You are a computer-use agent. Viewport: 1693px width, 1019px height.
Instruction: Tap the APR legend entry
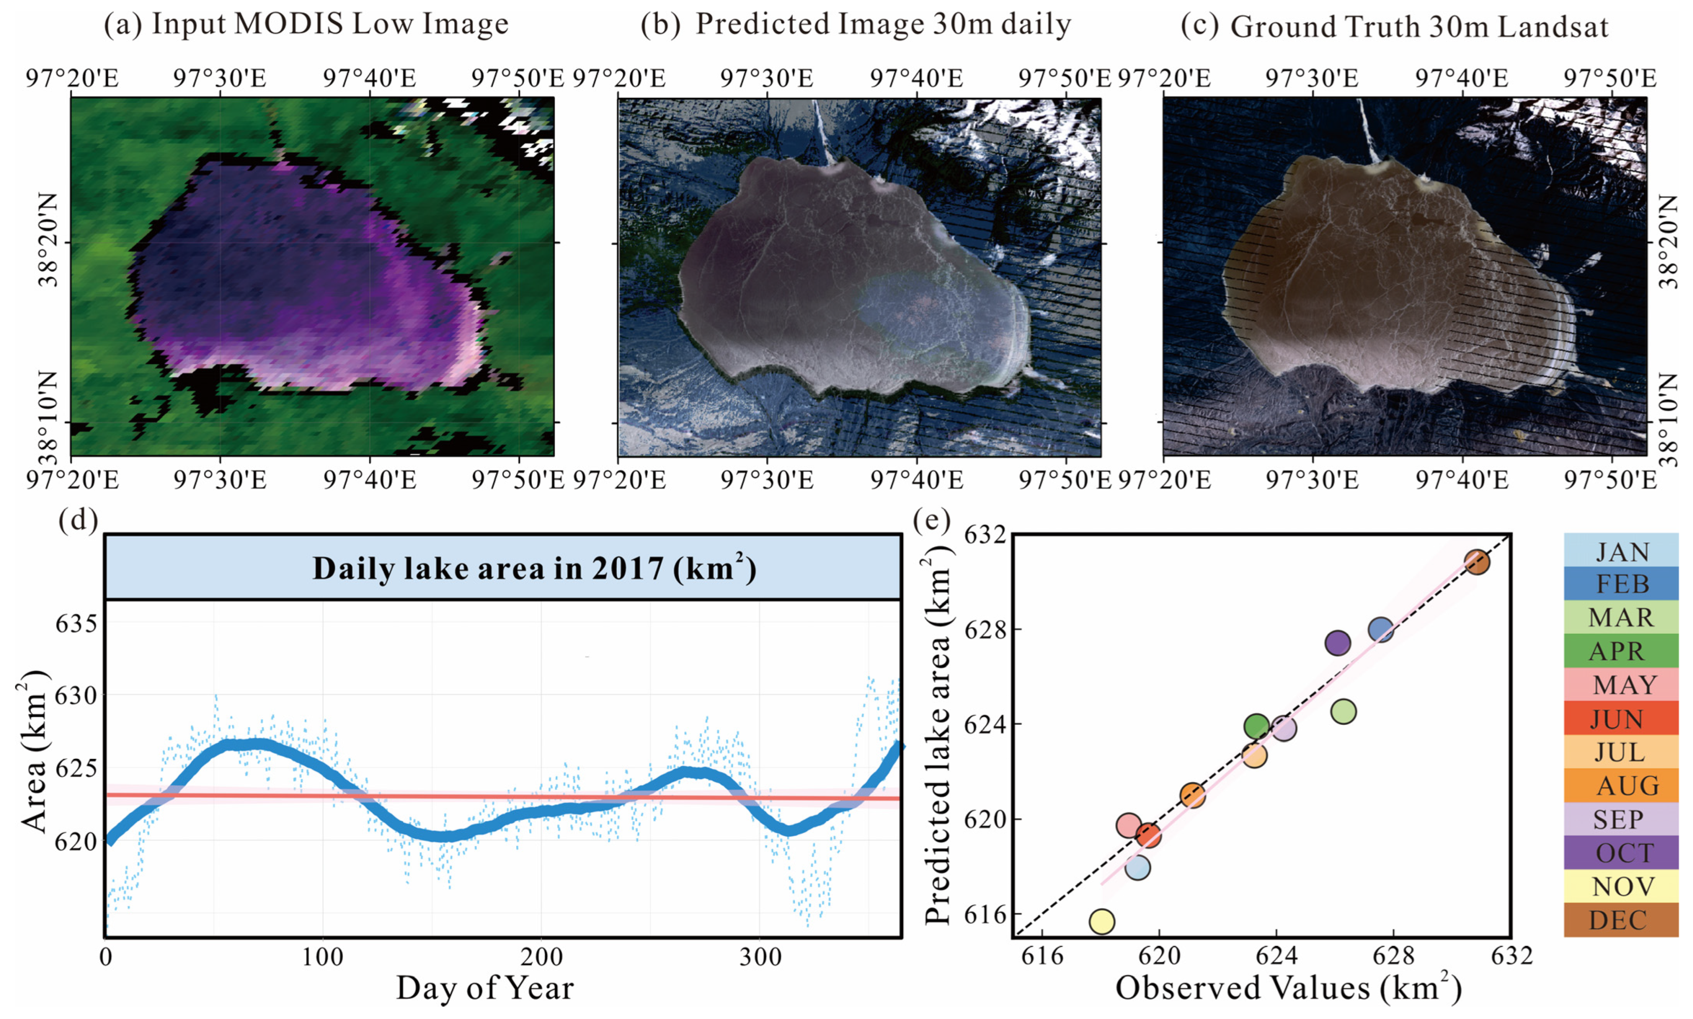tap(1620, 650)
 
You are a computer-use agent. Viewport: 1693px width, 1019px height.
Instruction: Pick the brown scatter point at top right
tap(1477, 562)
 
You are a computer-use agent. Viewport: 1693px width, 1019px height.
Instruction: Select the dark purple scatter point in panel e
tap(1337, 643)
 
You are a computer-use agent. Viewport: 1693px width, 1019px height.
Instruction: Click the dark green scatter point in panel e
tap(1256, 726)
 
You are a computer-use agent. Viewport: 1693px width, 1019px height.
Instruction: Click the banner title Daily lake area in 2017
tap(534, 569)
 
